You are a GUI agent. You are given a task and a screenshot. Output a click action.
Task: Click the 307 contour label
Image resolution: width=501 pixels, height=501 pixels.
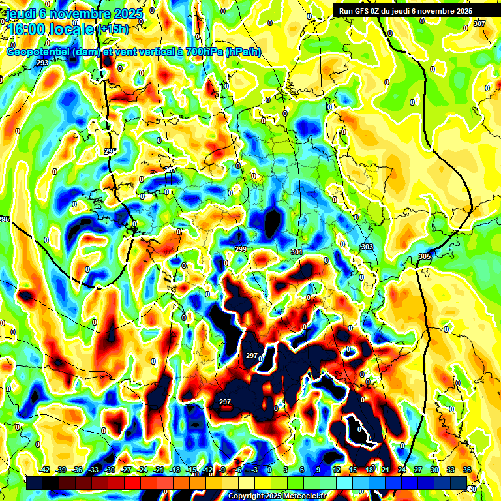[x=479, y=23]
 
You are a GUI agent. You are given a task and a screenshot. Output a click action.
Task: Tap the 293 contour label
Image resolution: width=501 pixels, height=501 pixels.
[x=42, y=63]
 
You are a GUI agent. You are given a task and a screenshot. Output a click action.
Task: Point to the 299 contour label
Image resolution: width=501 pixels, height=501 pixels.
[x=241, y=250]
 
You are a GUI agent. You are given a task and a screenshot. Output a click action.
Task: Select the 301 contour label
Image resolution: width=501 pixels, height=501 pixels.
[x=297, y=252]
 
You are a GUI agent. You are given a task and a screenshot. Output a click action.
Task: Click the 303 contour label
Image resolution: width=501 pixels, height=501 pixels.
[x=367, y=247]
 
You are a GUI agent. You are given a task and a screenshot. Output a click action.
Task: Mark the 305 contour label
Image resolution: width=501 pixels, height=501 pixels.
[x=425, y=256]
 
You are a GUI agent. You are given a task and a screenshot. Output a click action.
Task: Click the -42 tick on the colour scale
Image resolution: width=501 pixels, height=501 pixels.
[x=44, y=470]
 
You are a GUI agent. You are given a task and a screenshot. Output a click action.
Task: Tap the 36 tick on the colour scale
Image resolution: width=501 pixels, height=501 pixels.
[x=467, y=470]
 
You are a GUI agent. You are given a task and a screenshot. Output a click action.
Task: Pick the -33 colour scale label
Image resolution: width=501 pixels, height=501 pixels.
[x=93, y=470]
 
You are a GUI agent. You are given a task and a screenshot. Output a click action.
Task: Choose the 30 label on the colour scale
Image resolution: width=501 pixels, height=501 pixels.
[x=434, y=470]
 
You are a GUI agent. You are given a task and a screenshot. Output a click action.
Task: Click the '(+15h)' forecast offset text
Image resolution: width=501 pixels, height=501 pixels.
[x=113, y=29]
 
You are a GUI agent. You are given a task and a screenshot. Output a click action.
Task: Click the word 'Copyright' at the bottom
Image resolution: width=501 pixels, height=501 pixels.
[x=247, y=496]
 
